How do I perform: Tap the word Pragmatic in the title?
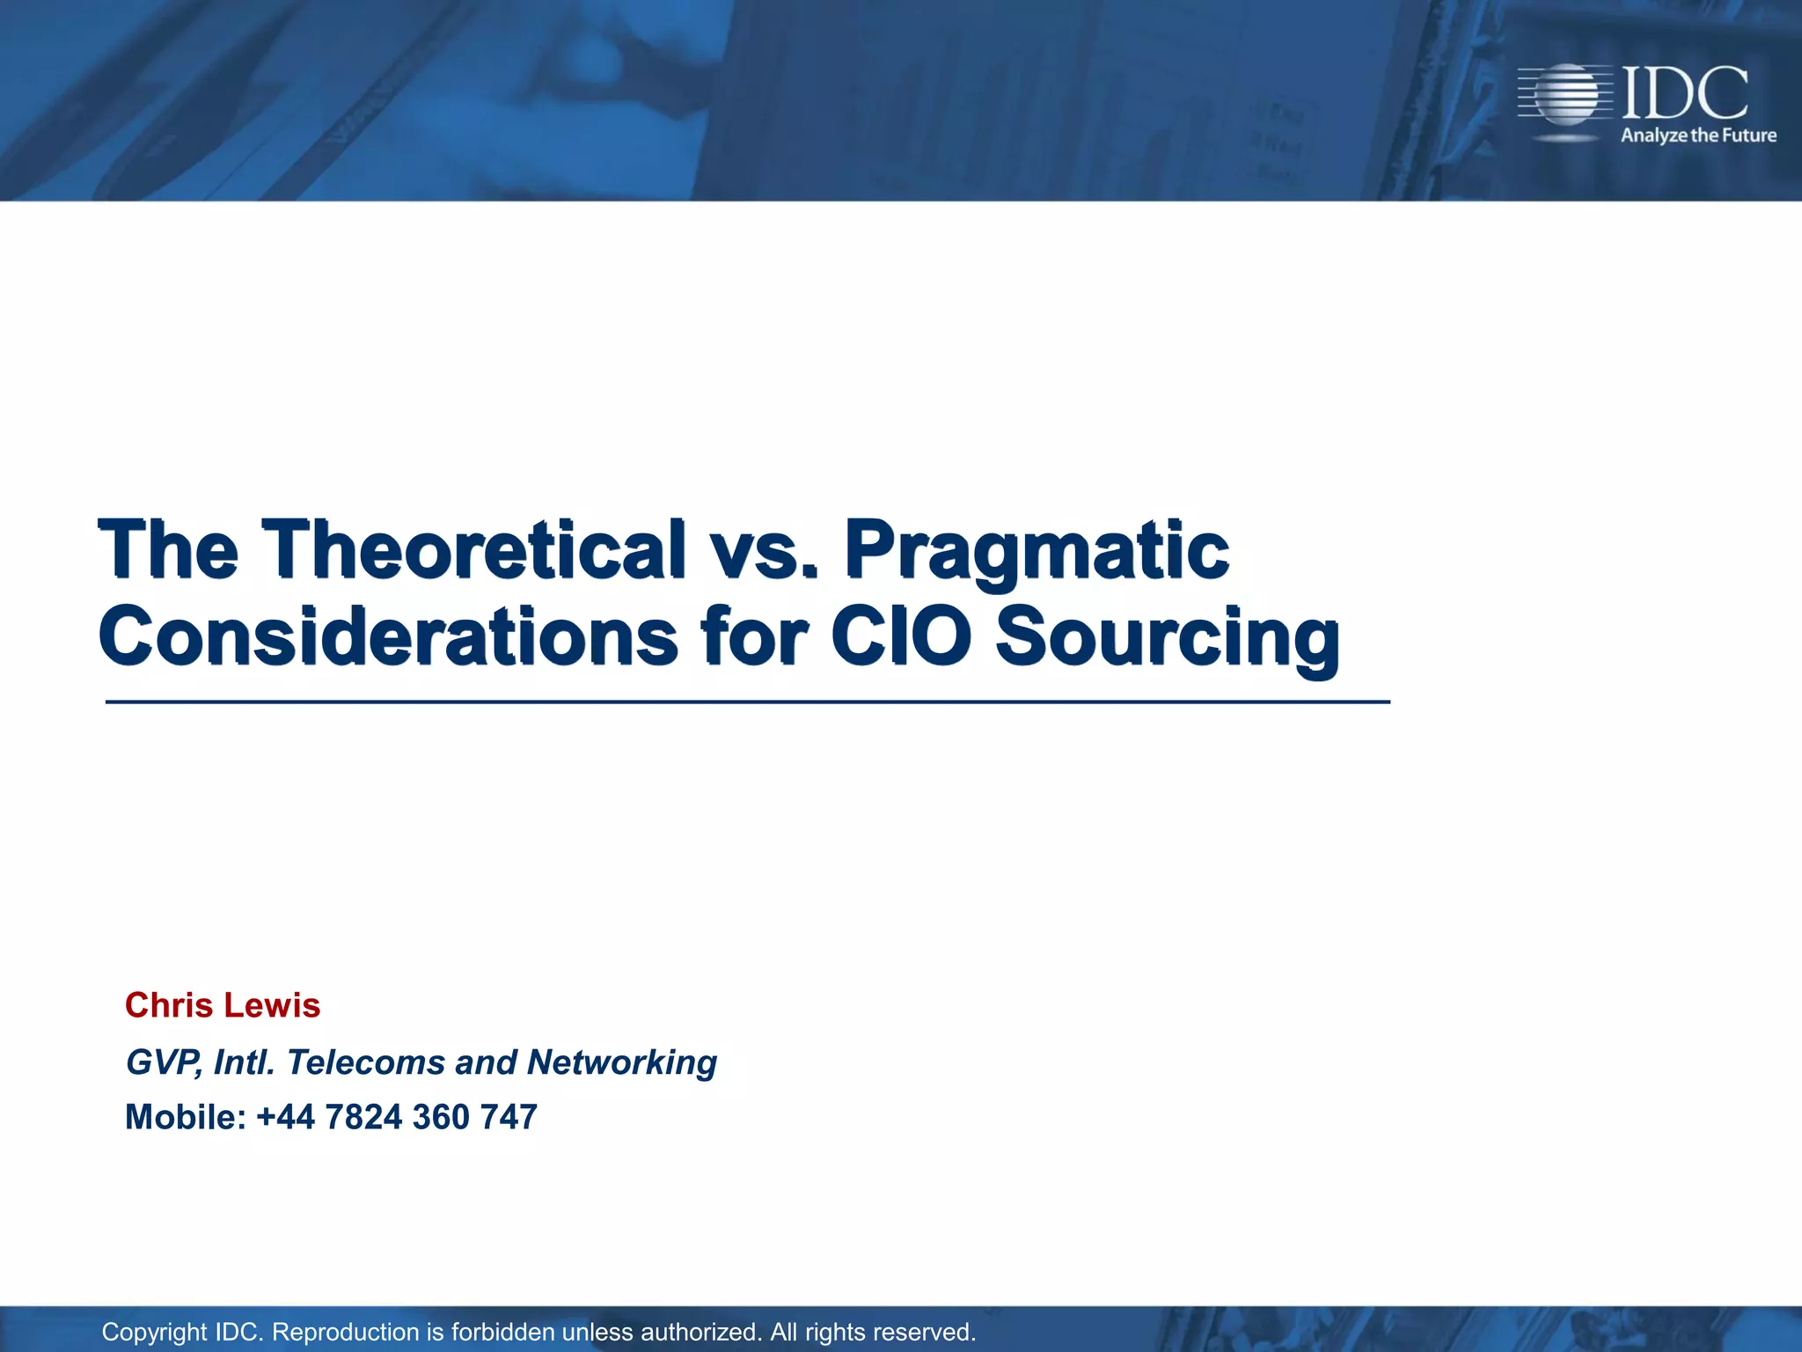point(1037,553)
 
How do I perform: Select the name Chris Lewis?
point(223,1005)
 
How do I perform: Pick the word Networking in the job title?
point(621,1063)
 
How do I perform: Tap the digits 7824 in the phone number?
point(363,1117)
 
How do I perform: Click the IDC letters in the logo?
point(1684,93)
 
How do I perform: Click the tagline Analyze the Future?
point(1698,136)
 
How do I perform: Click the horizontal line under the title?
point(748,702)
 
